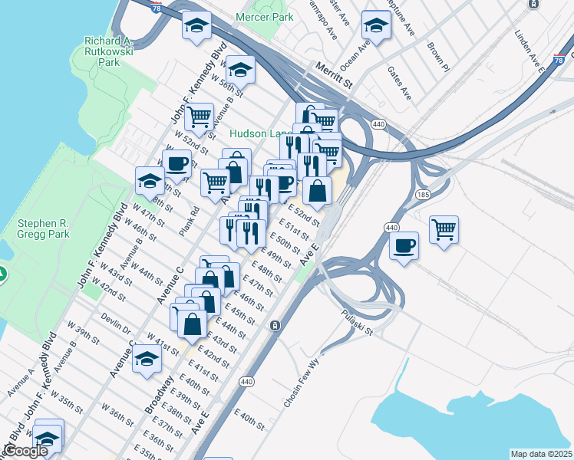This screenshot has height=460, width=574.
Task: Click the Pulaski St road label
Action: (x=357, y=322)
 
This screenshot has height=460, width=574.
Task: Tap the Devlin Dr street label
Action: (x=115, y=321)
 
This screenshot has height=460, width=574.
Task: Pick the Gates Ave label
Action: (x=400, y=84)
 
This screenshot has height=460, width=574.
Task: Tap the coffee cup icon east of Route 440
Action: (x=404, y=246)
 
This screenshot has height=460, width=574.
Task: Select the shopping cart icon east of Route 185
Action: (x=444, y=228)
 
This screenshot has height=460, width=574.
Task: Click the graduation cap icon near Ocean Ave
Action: (x=376, y=25)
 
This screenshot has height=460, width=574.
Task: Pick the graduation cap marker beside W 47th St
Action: (x=149, y=181)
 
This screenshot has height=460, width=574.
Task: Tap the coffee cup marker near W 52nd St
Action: (x=178, y=163)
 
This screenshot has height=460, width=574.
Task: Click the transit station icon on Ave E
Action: (x=274, y=326)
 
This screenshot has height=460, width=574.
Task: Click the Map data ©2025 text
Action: (x=540, y=454)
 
